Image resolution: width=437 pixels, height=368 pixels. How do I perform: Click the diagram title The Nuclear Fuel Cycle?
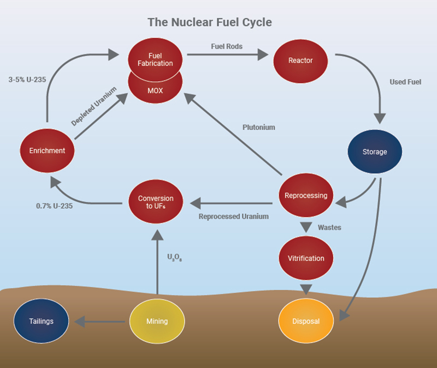210,22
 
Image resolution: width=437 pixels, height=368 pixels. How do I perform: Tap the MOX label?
156,91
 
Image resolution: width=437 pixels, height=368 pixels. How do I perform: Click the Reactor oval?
300,60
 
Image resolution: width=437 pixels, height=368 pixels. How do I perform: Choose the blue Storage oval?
375,152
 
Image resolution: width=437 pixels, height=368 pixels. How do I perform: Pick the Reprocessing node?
306,195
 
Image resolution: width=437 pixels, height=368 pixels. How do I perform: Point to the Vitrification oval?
306,258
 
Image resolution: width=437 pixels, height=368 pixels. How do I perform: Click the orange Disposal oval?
306,321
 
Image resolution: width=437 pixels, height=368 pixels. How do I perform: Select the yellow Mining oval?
157,321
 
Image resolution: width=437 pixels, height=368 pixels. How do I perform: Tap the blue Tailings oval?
42,321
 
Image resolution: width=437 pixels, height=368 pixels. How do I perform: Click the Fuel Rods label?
227,46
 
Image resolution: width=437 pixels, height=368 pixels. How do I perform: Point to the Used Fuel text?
405,82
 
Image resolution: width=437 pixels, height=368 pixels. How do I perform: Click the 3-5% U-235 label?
27,79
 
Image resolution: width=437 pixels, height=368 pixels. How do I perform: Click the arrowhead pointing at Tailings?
80,322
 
